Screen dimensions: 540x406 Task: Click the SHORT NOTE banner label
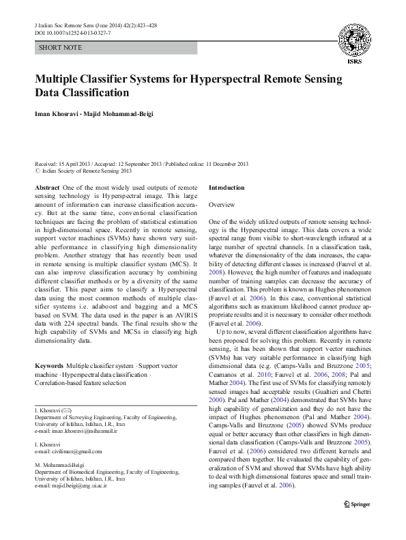point(61,48)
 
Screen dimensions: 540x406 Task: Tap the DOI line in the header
point(72,33)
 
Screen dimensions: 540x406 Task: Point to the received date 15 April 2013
point(74,164)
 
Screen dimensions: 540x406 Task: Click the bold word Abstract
point(46,187)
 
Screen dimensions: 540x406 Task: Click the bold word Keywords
point(49,366)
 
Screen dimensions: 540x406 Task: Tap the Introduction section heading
point(226,187)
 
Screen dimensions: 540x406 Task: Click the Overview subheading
point(222,205)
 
